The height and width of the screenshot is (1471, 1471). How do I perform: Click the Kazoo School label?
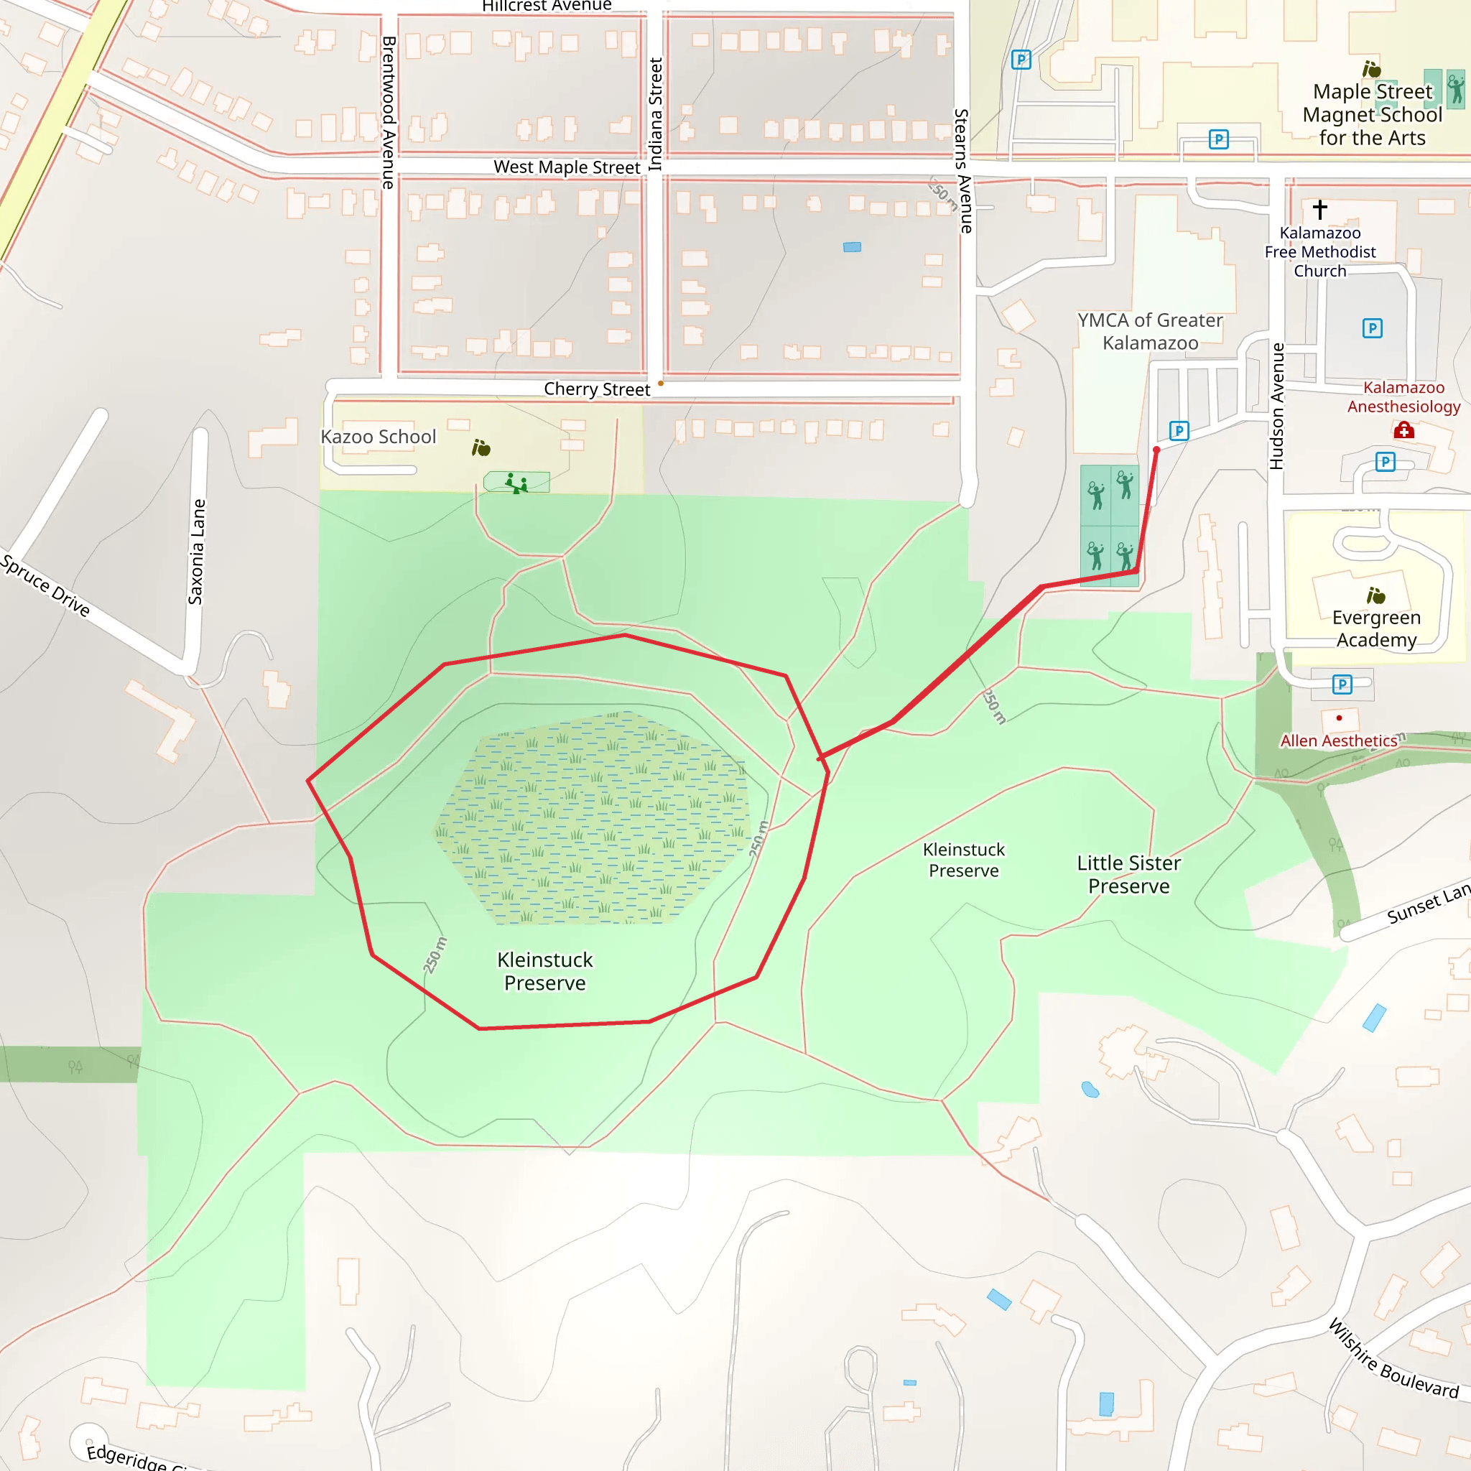pyautogui.click(x=379, y=436)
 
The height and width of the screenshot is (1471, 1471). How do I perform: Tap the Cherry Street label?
pyautogui.click(x=597, y=389)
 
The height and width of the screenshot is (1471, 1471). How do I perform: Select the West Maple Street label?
pyautogui.click(x=567, y=167)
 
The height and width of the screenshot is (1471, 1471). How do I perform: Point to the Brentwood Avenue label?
pyautogui.click(x=389, y=112)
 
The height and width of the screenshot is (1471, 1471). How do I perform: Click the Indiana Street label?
pyautogui.click(x=656, y=114)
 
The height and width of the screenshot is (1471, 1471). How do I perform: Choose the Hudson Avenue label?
pyautogui.click(x=1277, y=406)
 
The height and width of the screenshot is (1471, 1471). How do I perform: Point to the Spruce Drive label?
pyautogui.click(x=46, y=585)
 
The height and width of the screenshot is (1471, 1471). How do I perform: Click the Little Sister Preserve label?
pyautogui.click(x=1128, y=874)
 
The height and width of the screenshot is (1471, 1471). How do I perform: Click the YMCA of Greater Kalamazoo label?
pyautogui.click(x=1150, y=331)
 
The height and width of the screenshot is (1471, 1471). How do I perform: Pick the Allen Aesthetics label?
pyautogui.click(x=1339, y=741)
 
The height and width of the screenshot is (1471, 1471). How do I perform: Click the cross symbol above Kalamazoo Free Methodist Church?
pyautogui.click(x=1319, y=208)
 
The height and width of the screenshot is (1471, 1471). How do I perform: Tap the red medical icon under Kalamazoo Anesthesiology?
pyautogui.click(x=1403, y=431)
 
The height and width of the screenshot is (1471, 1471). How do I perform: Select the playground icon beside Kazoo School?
pyautogui.click(x=516, y=483)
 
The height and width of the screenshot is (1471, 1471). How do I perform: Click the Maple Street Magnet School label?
pyautogui.click(x=1372, y=114)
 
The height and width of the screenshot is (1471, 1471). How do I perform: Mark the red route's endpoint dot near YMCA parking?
pyautogui.click(x=1156, y=450)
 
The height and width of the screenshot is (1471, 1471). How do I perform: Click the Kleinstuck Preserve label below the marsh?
pyautogui.click(x=544, y=971)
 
